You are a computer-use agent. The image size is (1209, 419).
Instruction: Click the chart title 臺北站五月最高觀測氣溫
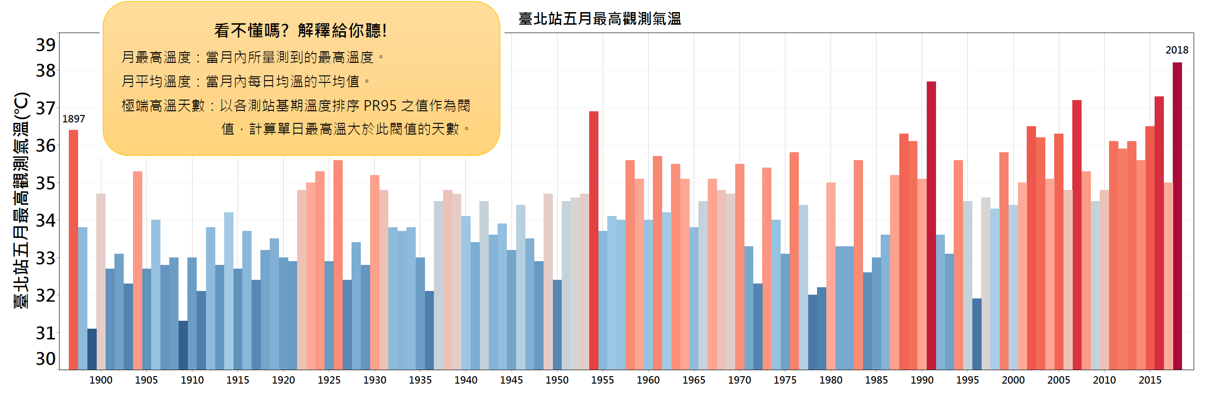click(599, 19)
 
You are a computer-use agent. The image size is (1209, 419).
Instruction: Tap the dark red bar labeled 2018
click(1177, 216)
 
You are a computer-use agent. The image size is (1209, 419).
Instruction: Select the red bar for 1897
click(73, 249)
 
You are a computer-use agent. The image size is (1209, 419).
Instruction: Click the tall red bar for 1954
click(594, 240)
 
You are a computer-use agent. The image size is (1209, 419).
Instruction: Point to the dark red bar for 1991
click(931, 225)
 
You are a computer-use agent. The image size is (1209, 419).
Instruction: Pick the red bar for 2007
click(1077, 235)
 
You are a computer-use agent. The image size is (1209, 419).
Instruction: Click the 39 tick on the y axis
click(46, 45)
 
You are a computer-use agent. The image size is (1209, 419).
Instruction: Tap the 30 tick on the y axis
click(46, 359)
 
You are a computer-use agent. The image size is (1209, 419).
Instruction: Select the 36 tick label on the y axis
click(46, 146)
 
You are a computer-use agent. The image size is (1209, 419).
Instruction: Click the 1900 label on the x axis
click(101, 380)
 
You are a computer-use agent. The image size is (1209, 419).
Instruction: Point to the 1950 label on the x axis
click(557, 380)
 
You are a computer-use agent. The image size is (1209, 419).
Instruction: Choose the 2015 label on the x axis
click(1150, 380)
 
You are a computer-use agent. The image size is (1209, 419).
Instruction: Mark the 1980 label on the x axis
click(830, 380)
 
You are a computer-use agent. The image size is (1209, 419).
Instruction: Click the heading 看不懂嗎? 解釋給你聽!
click(301, 31)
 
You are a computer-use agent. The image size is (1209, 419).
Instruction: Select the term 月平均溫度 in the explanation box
click(156, 81)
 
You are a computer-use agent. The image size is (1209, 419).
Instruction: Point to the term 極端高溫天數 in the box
click(163, 106)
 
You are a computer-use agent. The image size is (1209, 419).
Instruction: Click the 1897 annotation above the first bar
click(73, 119)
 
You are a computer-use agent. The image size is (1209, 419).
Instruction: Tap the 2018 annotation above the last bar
click(1176, 50)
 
